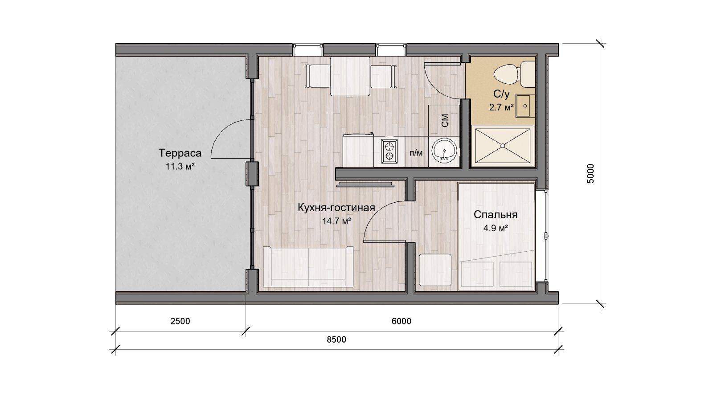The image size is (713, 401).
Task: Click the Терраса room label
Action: pos(180,153)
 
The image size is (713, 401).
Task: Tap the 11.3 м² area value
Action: pos(180,166)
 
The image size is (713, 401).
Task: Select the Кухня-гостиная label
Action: pos(336,208)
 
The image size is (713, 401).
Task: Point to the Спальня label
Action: pos(495,215)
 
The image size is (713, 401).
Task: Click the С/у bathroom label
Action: pos(502,94)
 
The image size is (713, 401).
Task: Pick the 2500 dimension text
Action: pos(180,321)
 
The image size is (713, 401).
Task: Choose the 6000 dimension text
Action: pos(402,321)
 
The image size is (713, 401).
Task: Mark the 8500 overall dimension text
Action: pos(336,340)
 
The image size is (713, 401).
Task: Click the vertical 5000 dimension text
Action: pos(590,173)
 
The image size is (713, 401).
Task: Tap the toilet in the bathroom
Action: pos(514,74)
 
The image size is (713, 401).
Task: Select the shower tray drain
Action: pos(503,146)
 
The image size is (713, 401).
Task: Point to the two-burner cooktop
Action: pos(389,151)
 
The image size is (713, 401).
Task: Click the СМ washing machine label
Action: pos(445,121)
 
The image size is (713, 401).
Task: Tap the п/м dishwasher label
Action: pos(416,153)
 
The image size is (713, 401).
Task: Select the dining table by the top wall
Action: pos(350,76)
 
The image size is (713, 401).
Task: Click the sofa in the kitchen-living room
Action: pos(308,267)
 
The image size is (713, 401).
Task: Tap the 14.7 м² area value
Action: pos(336,221)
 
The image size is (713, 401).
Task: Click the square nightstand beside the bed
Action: pos(435,270)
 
